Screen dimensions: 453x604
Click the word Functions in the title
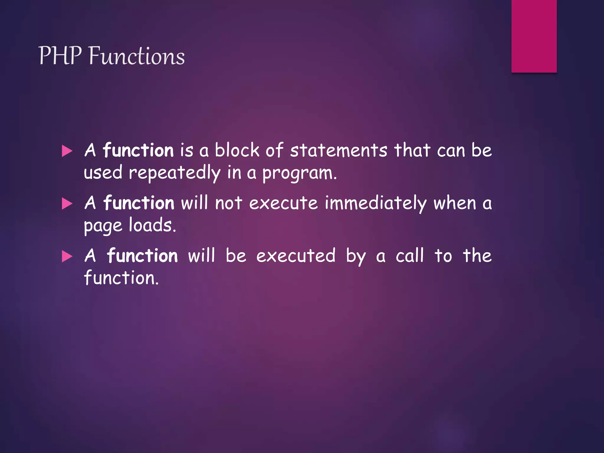pos(137,56)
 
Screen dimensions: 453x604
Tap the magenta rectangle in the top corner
pos(534,36)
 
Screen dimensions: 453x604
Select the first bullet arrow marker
pos(67,151)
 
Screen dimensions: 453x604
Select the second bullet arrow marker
pos(67,203)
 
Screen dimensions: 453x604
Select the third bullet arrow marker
pos(67,256)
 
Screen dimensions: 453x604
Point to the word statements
pos(338,150)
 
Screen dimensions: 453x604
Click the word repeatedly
pos(175,173)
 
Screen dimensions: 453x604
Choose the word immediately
pos(375,203)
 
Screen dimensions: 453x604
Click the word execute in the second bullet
pos(283,203)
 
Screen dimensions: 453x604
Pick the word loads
pos(152,225)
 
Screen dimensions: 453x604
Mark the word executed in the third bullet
pos(296,256)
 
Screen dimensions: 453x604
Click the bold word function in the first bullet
pos(138,150)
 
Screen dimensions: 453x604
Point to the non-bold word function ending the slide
pos(121,278)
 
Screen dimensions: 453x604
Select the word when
pos(454,203)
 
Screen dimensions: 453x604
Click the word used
pos(103,173)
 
